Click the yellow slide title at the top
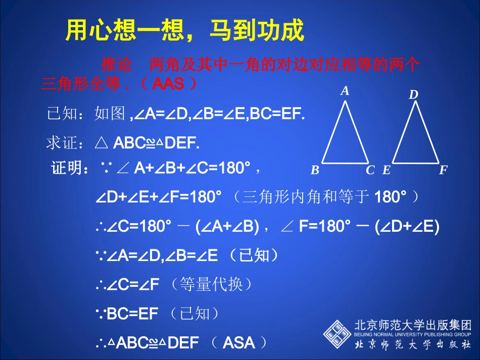pyautogui.click(x=185, y=31)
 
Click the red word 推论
pyautogui.click(x=116, y=65)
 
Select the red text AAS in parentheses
pyautogui.click(x=168, y=84)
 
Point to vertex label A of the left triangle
pyautogui.click(x=345, y=91)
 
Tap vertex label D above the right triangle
pyautogui.click(x=413, y=94)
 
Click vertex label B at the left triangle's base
pyautogui.click(x=315, y=170)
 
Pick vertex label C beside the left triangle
pyautogui.click(x=370, y=170)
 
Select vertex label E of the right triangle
pyautogui.click(x=387, y=170)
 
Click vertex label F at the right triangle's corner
pyautogui.click(x=443, y=170)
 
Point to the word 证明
pyautogui.click(x=67, y=168)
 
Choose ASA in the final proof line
pyautogui.click(x=238, y=343)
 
